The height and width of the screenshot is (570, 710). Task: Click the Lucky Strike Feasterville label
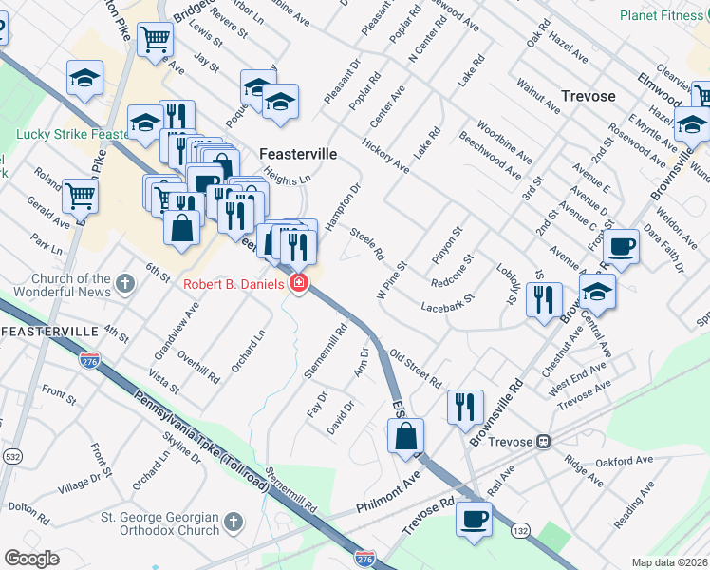pyautogui.click(x=72, y=135)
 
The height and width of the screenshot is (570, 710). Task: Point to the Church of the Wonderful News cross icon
pyautogui.click(x=125, y=283)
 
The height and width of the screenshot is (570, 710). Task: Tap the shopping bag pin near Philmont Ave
pyautogui.click(x=405, y=436)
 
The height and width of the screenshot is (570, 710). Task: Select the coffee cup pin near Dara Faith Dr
pyautogui.click(x=621, y=246)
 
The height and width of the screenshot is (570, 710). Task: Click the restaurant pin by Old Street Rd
pyautogui.click(x=465, y=408)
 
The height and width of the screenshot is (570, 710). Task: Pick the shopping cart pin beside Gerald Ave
pyautogui.click(x=81, y=196)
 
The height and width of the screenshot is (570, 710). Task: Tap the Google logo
pyautogui.click(x=31, y=559)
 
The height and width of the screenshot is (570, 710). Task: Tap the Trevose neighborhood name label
pyautogui.click(x=588, y=96)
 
